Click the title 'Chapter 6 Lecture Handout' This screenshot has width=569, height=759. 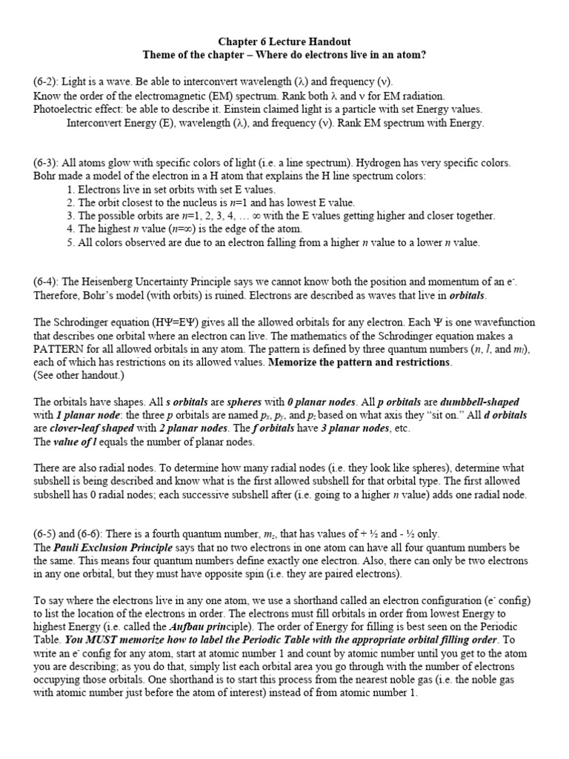tap(284, 42)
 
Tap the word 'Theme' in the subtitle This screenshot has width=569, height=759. tap(161, 56)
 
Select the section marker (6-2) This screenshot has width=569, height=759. tap(47, 82)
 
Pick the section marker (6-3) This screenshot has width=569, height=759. tap(47, 162)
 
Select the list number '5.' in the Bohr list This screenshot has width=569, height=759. tap(70, 242)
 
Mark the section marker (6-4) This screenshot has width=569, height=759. tap(47, 282)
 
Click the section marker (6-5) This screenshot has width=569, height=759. tap(47, 534)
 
